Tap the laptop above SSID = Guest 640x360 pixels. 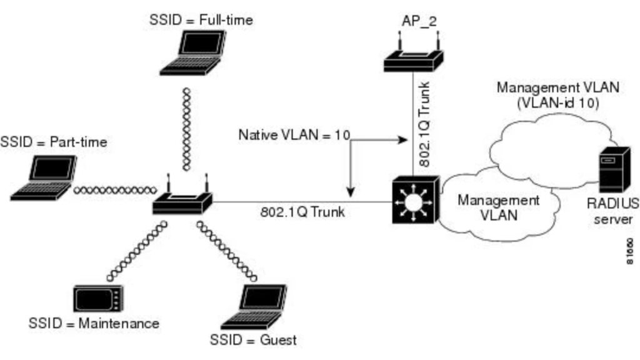coord(255,307)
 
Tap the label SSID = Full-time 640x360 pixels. coord(201,20)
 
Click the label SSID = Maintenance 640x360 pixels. coord(94,324)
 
